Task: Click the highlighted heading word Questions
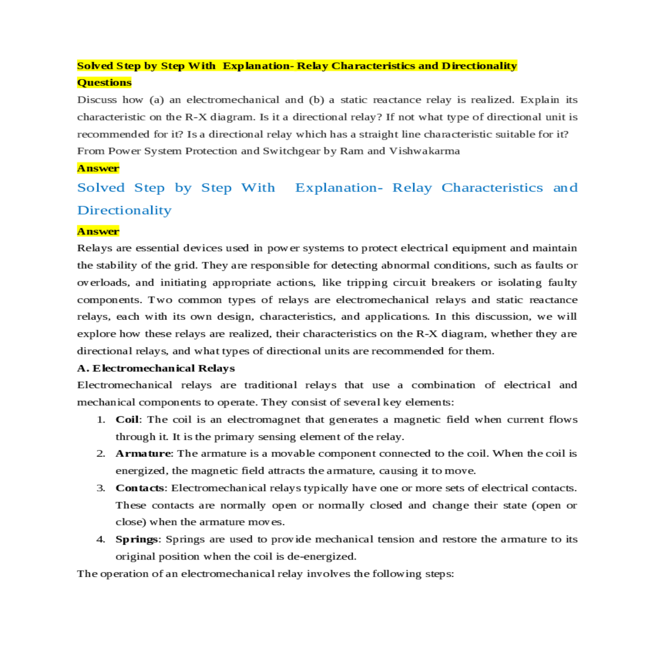click(x=104, y=82)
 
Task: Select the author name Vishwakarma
click(x=424, y=151)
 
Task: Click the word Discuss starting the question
click(x=97, y=99)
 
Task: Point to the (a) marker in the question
click(x=157, y=99)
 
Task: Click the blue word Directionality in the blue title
click(x=124, y=210)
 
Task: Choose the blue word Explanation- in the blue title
click(x=339, y=188)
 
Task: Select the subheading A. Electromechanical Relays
click(x=156, y=368)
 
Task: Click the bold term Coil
click(x=127, y=419)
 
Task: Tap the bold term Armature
click(x=143, y=453)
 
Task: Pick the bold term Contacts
click(x=140, y=487)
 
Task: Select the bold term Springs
click(x=137, y=539)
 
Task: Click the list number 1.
click(x=100, y=419)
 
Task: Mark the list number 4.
click(x=100, y=539)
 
